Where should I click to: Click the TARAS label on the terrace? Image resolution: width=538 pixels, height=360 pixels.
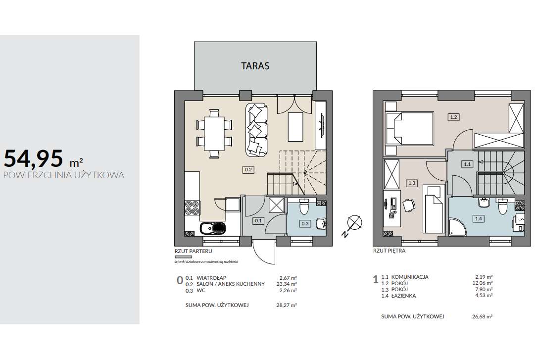pos(255,65)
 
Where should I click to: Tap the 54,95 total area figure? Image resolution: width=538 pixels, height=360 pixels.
pos(34,158)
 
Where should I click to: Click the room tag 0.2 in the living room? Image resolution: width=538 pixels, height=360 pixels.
pos(248,169)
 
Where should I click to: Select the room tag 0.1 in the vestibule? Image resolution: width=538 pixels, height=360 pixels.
pos(258,221)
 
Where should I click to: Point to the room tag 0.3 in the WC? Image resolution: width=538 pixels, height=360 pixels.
pos(305,223)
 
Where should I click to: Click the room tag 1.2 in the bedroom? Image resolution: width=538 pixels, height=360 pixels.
pos(453,117)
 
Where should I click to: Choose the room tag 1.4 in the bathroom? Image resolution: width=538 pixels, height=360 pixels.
pos(478,218)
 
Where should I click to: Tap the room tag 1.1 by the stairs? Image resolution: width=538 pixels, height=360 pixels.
pos(467,164)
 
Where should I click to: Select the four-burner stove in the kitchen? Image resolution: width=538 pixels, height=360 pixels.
pos(192,207)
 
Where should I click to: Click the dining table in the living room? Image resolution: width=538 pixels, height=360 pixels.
pos(214,134)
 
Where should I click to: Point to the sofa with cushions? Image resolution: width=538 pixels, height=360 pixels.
pos(257,129)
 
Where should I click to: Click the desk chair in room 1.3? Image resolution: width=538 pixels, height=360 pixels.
pos(408,205)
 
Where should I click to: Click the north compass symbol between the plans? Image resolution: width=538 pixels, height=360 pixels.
pos(354,222)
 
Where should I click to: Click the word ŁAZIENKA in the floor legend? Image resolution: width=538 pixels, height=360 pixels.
pos(403,296)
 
